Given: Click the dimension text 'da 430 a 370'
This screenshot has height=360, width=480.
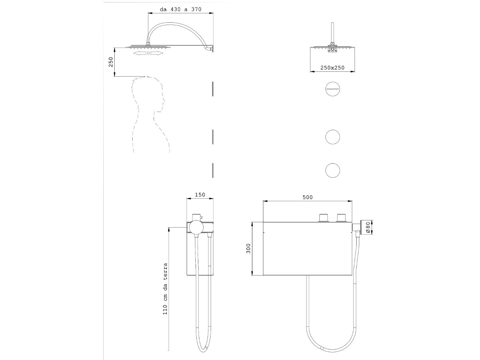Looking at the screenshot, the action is (180, 9).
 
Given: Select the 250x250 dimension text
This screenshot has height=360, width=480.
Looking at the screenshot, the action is (332, 68).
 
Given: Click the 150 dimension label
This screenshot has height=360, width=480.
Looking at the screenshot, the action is (200, 195).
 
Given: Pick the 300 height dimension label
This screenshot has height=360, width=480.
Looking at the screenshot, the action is (248, 249).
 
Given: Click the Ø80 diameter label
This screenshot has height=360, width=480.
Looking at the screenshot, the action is (368, 228).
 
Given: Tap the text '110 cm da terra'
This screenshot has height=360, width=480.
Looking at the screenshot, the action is (165, 289).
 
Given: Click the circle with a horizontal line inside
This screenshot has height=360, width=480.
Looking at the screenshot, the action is (333, 89).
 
